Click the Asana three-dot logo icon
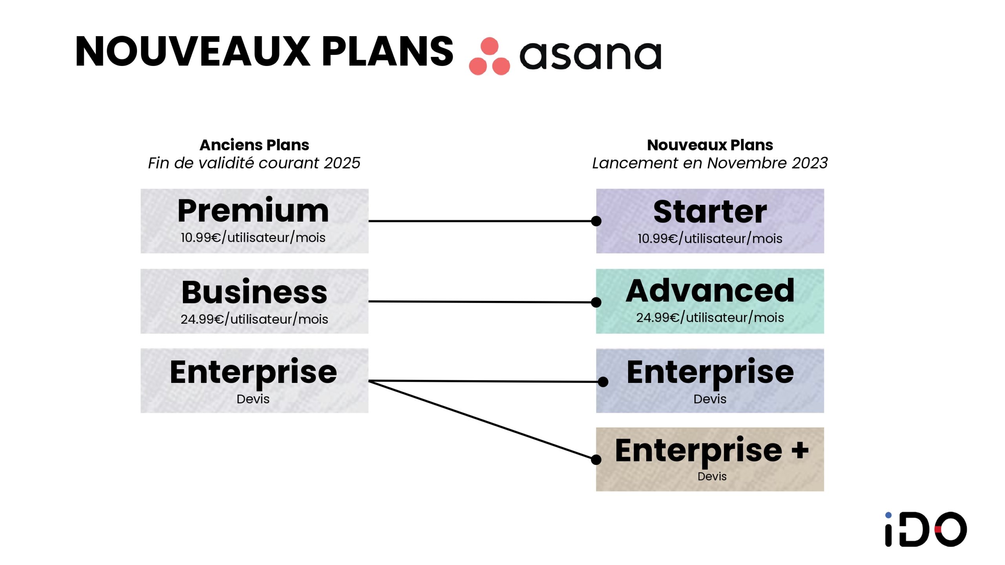click(489, 56)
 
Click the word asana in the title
click(590, 56)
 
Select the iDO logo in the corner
click(926, 529)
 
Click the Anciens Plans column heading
click(254, 145)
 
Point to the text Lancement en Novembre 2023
click(710, 163)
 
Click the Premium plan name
click(253, 211)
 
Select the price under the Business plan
click(254, 319)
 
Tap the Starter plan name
click(710, 212)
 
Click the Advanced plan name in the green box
click(710, 291)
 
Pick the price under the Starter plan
click(710, 239)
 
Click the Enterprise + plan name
click(711, 450)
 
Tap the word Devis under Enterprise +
click(712, 476)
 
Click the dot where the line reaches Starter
click(596, 221)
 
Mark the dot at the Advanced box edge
click(596, 302)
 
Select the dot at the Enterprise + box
click(596, 459)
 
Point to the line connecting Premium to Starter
click(482, 221)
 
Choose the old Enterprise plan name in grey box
click(253, 372)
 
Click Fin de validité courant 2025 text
click(254, 163)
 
